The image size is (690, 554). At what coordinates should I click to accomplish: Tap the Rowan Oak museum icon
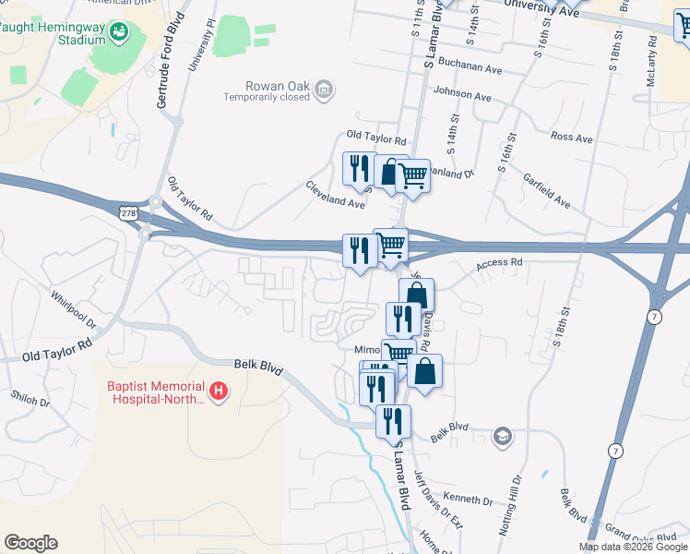[324, 90]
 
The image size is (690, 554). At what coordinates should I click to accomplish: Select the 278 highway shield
[127, 213]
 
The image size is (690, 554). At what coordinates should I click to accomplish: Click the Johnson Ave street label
[462, 95]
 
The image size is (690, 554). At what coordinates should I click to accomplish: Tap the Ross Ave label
[571, 137]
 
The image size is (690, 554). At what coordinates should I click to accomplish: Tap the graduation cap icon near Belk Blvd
[502, 436]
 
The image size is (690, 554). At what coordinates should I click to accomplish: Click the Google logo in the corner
[30, 543]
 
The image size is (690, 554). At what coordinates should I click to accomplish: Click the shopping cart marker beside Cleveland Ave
[412, 175]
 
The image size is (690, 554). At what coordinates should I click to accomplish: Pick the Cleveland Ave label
[336, 194]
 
